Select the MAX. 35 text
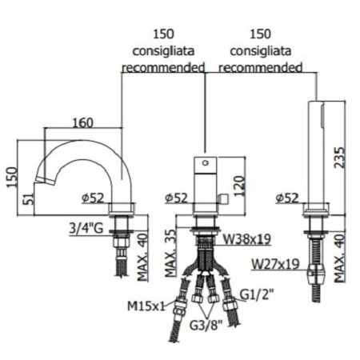click(x=170, y=247)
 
